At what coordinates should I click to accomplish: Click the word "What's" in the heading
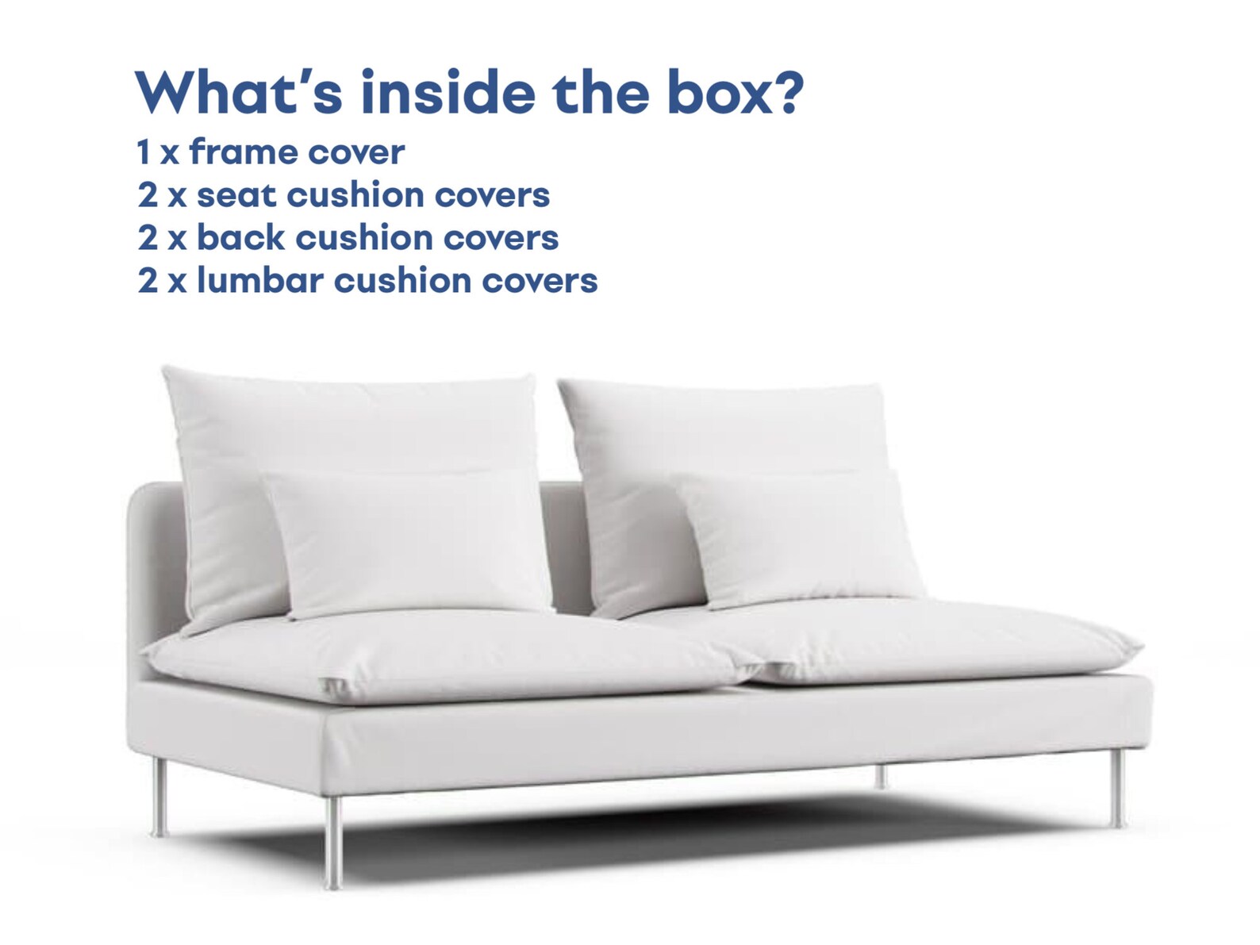239,93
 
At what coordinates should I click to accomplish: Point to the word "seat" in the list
236,195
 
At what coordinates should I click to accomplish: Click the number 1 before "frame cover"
144,152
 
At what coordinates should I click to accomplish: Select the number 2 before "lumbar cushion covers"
148,281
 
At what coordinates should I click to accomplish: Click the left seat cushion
444,655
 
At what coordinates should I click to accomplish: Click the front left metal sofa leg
334,841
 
